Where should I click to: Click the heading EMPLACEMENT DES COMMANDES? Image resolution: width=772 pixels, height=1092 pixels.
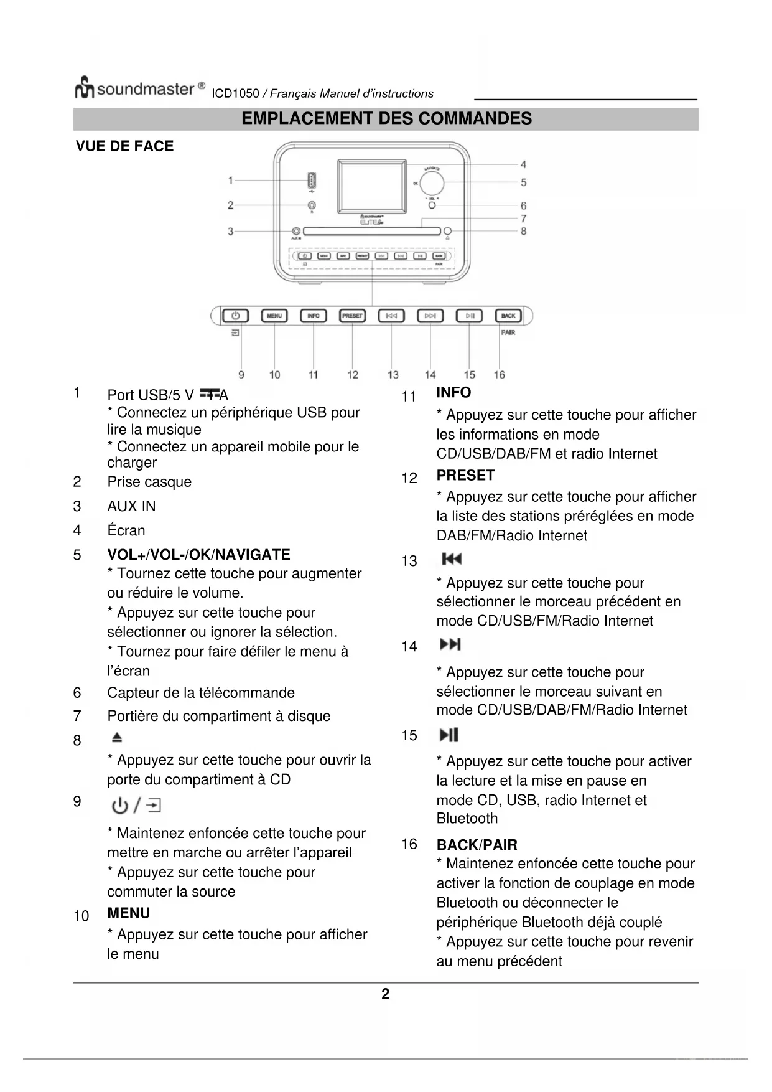click(386, 119)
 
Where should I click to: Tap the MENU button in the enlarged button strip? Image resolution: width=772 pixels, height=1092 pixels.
click(274, 316)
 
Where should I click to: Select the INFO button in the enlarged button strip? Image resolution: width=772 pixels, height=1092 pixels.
click(313, 316)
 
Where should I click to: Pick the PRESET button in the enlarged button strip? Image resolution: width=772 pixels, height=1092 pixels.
click(352, 316)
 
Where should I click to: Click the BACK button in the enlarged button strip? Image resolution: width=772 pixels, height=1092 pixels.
click(508, 316)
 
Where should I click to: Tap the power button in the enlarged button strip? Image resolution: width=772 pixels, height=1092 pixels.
click(236, 316)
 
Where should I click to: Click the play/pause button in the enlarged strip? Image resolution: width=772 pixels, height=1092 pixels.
click(470, 316)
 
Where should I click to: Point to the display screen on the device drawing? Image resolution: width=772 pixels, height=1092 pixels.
click(371, 186)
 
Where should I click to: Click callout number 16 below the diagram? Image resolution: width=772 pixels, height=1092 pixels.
click(500, 375)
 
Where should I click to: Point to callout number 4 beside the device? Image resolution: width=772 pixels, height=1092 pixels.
click(523, 165)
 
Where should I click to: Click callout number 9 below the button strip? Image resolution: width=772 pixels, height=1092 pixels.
click(241, 375)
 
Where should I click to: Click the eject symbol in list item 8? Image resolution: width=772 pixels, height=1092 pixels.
click(117, 738)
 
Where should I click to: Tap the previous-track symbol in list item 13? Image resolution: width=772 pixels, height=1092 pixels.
click(452, 559)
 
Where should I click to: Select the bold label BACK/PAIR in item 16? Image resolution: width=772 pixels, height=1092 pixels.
click(477, 845)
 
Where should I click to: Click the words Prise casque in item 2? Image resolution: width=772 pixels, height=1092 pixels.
click(149, 482)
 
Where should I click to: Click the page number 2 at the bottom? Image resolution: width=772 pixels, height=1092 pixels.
click(386, 994)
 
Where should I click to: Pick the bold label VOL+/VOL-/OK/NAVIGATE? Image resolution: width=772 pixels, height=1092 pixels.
click(198, 555)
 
